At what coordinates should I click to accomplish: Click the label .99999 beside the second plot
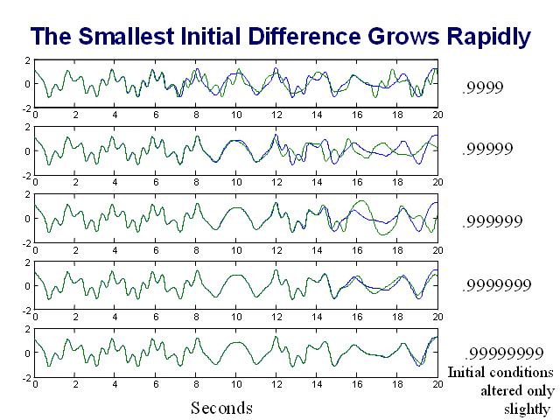tap(487, 150)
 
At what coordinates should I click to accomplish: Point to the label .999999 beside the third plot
tap(491, 220)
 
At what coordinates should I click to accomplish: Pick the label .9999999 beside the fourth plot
tap(495, 285)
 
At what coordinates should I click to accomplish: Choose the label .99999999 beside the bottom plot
tap(500, 353)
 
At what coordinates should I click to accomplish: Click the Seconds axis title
tap(221, 408)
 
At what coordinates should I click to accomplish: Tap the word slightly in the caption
tap(527, 408)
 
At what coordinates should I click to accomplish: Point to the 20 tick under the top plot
tap(437, 114)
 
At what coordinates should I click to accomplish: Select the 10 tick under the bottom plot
tap(236, 383)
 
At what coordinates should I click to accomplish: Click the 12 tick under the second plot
tap(276, 182)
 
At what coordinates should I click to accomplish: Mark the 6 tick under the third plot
tap(156, 249)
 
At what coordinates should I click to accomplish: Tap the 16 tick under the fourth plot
tap(357, 317)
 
